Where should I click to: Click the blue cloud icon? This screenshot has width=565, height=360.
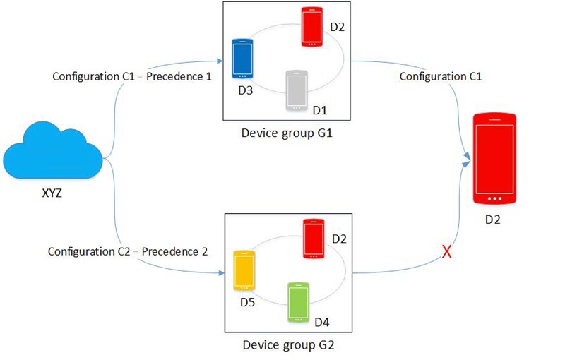click(x=52, y=151)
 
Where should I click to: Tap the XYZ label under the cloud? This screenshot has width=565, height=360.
click(x=52, y=193)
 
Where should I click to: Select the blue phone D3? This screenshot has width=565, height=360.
click(x=242, y=59)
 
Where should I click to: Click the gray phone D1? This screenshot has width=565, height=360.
click(x=297, y=90)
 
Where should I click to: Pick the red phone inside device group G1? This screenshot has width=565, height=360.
click(x=311, y=27)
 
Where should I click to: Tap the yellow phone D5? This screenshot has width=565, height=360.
click(x=244, y=270)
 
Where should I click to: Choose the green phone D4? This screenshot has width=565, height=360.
click(x=298, y=302)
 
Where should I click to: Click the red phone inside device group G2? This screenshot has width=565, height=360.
click(x=314, y=239)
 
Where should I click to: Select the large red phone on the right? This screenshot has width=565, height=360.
click(x=494, y=159)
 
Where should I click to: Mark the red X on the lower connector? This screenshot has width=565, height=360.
click(x=447, y=251)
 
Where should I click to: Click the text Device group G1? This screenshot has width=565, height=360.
click(x=287, y=133)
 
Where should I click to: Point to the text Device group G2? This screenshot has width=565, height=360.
click(x=288, y=345)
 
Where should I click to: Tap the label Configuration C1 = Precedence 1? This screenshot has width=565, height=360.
click(x=132, y=76)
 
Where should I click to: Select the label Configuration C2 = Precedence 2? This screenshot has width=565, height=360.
click(x=128, y=251)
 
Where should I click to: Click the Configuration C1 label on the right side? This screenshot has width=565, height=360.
click(x=440, y=76)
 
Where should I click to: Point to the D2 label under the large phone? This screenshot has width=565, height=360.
click(x=492, y=220)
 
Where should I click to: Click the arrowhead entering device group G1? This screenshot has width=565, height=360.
click(x=220, y=61)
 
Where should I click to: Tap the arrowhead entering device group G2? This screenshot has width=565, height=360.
click(x=221, y=273)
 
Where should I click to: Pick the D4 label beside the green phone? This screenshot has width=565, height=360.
click(x=322, y=322)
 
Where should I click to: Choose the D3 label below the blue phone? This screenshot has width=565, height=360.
click(x=245, y=90)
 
